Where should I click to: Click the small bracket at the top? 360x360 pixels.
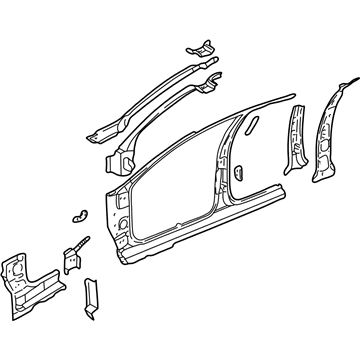point(201,46)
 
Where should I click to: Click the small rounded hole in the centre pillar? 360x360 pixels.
point(240,171)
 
